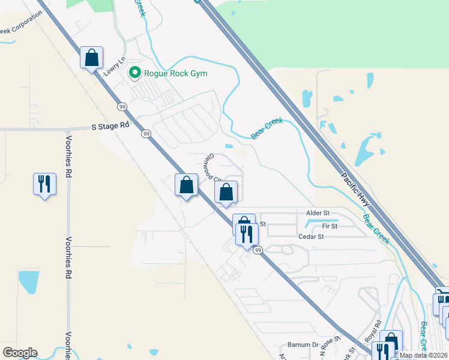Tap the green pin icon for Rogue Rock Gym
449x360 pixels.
point(134,74)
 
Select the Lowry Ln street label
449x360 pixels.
point(114,66)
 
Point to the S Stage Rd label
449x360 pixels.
point(110,127)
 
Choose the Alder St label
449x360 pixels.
point(318,213)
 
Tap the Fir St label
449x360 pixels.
point(330,226)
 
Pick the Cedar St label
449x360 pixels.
point(311,237)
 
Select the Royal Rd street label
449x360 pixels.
point(372,331)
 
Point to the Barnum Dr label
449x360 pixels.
point(302,345)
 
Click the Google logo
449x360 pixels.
point(20,353)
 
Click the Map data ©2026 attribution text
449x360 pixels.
point(424,355)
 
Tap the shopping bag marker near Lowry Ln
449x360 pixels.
point(91,59)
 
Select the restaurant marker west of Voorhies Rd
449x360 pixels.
point(44,184)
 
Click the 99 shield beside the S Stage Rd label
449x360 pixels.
point(146,134)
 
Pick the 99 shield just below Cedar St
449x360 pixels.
point(258,250)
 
